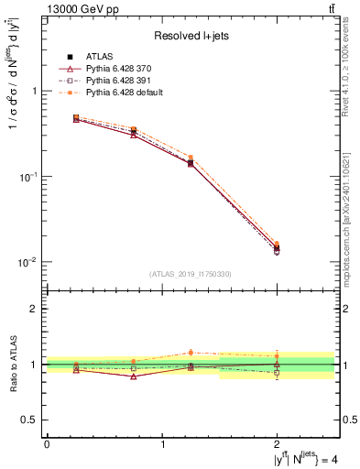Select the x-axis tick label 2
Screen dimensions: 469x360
(x=279, y=444)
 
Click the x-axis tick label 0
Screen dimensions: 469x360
(x=47, y=444)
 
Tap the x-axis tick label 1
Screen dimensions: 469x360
(x=163, y=444)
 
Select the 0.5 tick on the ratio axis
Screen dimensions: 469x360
(x=30, y=420)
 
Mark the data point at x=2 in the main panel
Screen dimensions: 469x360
(x=279, y=247)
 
